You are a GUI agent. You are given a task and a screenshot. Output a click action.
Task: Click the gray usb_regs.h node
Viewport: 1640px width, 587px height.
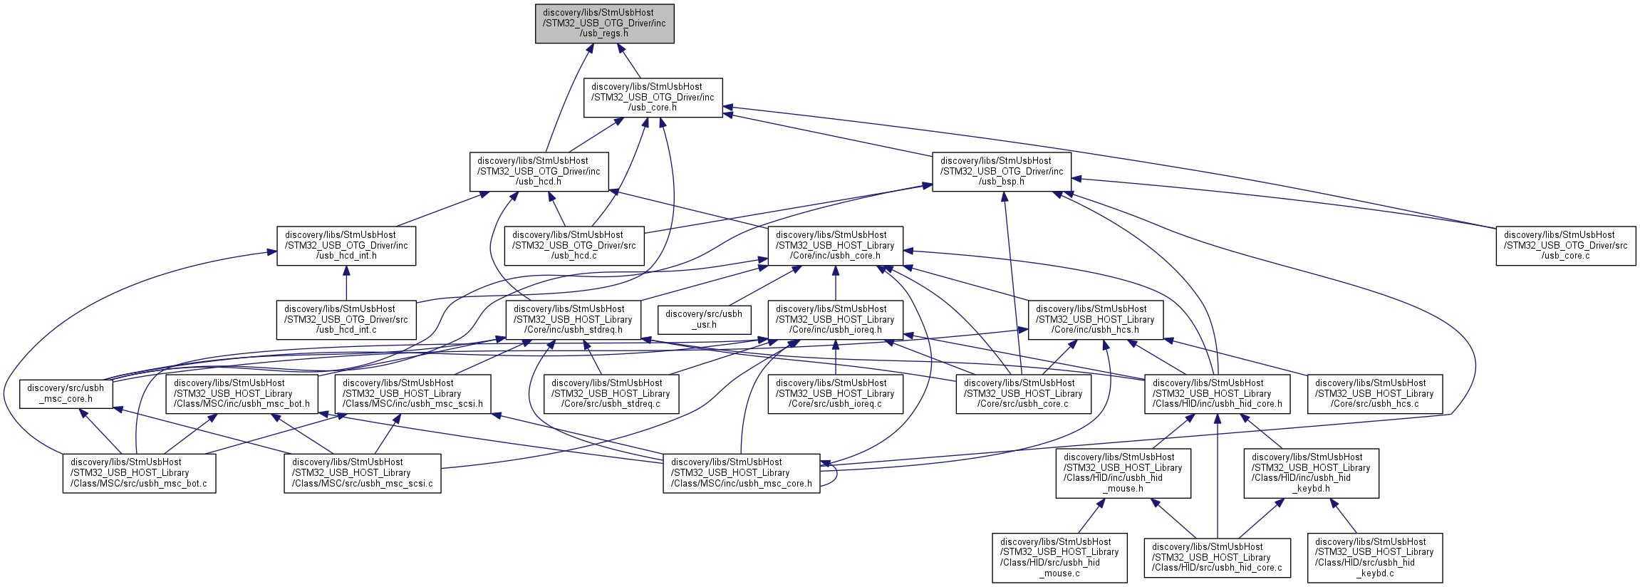[x=604, y=24]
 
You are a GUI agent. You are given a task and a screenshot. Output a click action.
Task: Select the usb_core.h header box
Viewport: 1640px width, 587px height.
[x=653, y=98]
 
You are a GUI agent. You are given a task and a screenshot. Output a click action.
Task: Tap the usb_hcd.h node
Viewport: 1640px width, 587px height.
[x=539, y=172]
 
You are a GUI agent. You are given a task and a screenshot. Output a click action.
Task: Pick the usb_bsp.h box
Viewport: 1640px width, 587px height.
[x=1002, y=172]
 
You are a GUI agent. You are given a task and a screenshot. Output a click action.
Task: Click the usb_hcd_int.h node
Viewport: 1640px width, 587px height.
[x=346, y=246]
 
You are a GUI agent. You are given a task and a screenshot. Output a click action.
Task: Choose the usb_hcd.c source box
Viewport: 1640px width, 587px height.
[x=574, y=246]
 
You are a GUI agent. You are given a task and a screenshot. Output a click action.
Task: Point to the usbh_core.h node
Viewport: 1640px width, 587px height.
[x=835, y=246]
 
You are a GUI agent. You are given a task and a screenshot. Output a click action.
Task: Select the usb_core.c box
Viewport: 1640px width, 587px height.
[x=1565, y=246]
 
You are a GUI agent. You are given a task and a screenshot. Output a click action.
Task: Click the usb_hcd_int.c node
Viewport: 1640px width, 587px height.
[x=346, y=320]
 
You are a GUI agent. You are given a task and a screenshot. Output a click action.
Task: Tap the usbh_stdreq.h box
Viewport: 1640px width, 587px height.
[x=573, y=320]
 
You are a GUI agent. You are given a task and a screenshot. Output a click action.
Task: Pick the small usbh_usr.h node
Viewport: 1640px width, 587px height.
[x=704, y=320]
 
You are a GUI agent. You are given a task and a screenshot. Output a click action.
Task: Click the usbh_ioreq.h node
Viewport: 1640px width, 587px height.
[x=835, y=320]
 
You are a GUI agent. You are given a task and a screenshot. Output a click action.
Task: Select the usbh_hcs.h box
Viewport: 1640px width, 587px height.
[x=1095, y=320]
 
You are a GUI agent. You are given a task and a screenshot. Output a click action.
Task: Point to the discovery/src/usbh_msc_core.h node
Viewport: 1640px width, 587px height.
[x=66, y=393]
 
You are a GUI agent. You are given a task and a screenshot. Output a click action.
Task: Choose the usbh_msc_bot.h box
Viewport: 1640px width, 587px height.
[x=242, y=394]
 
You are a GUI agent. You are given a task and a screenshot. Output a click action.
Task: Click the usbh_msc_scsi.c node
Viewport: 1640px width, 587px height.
[x=362, y=473]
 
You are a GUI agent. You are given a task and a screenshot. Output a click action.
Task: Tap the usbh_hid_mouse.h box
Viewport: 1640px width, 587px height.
[x=1123, y=473]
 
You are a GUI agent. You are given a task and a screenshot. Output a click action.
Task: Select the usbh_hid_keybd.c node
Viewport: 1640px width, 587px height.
[x=1375, y=558]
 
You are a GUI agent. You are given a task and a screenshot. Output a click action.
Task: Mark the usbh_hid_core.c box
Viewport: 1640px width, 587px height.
[x=1217, y=558]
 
